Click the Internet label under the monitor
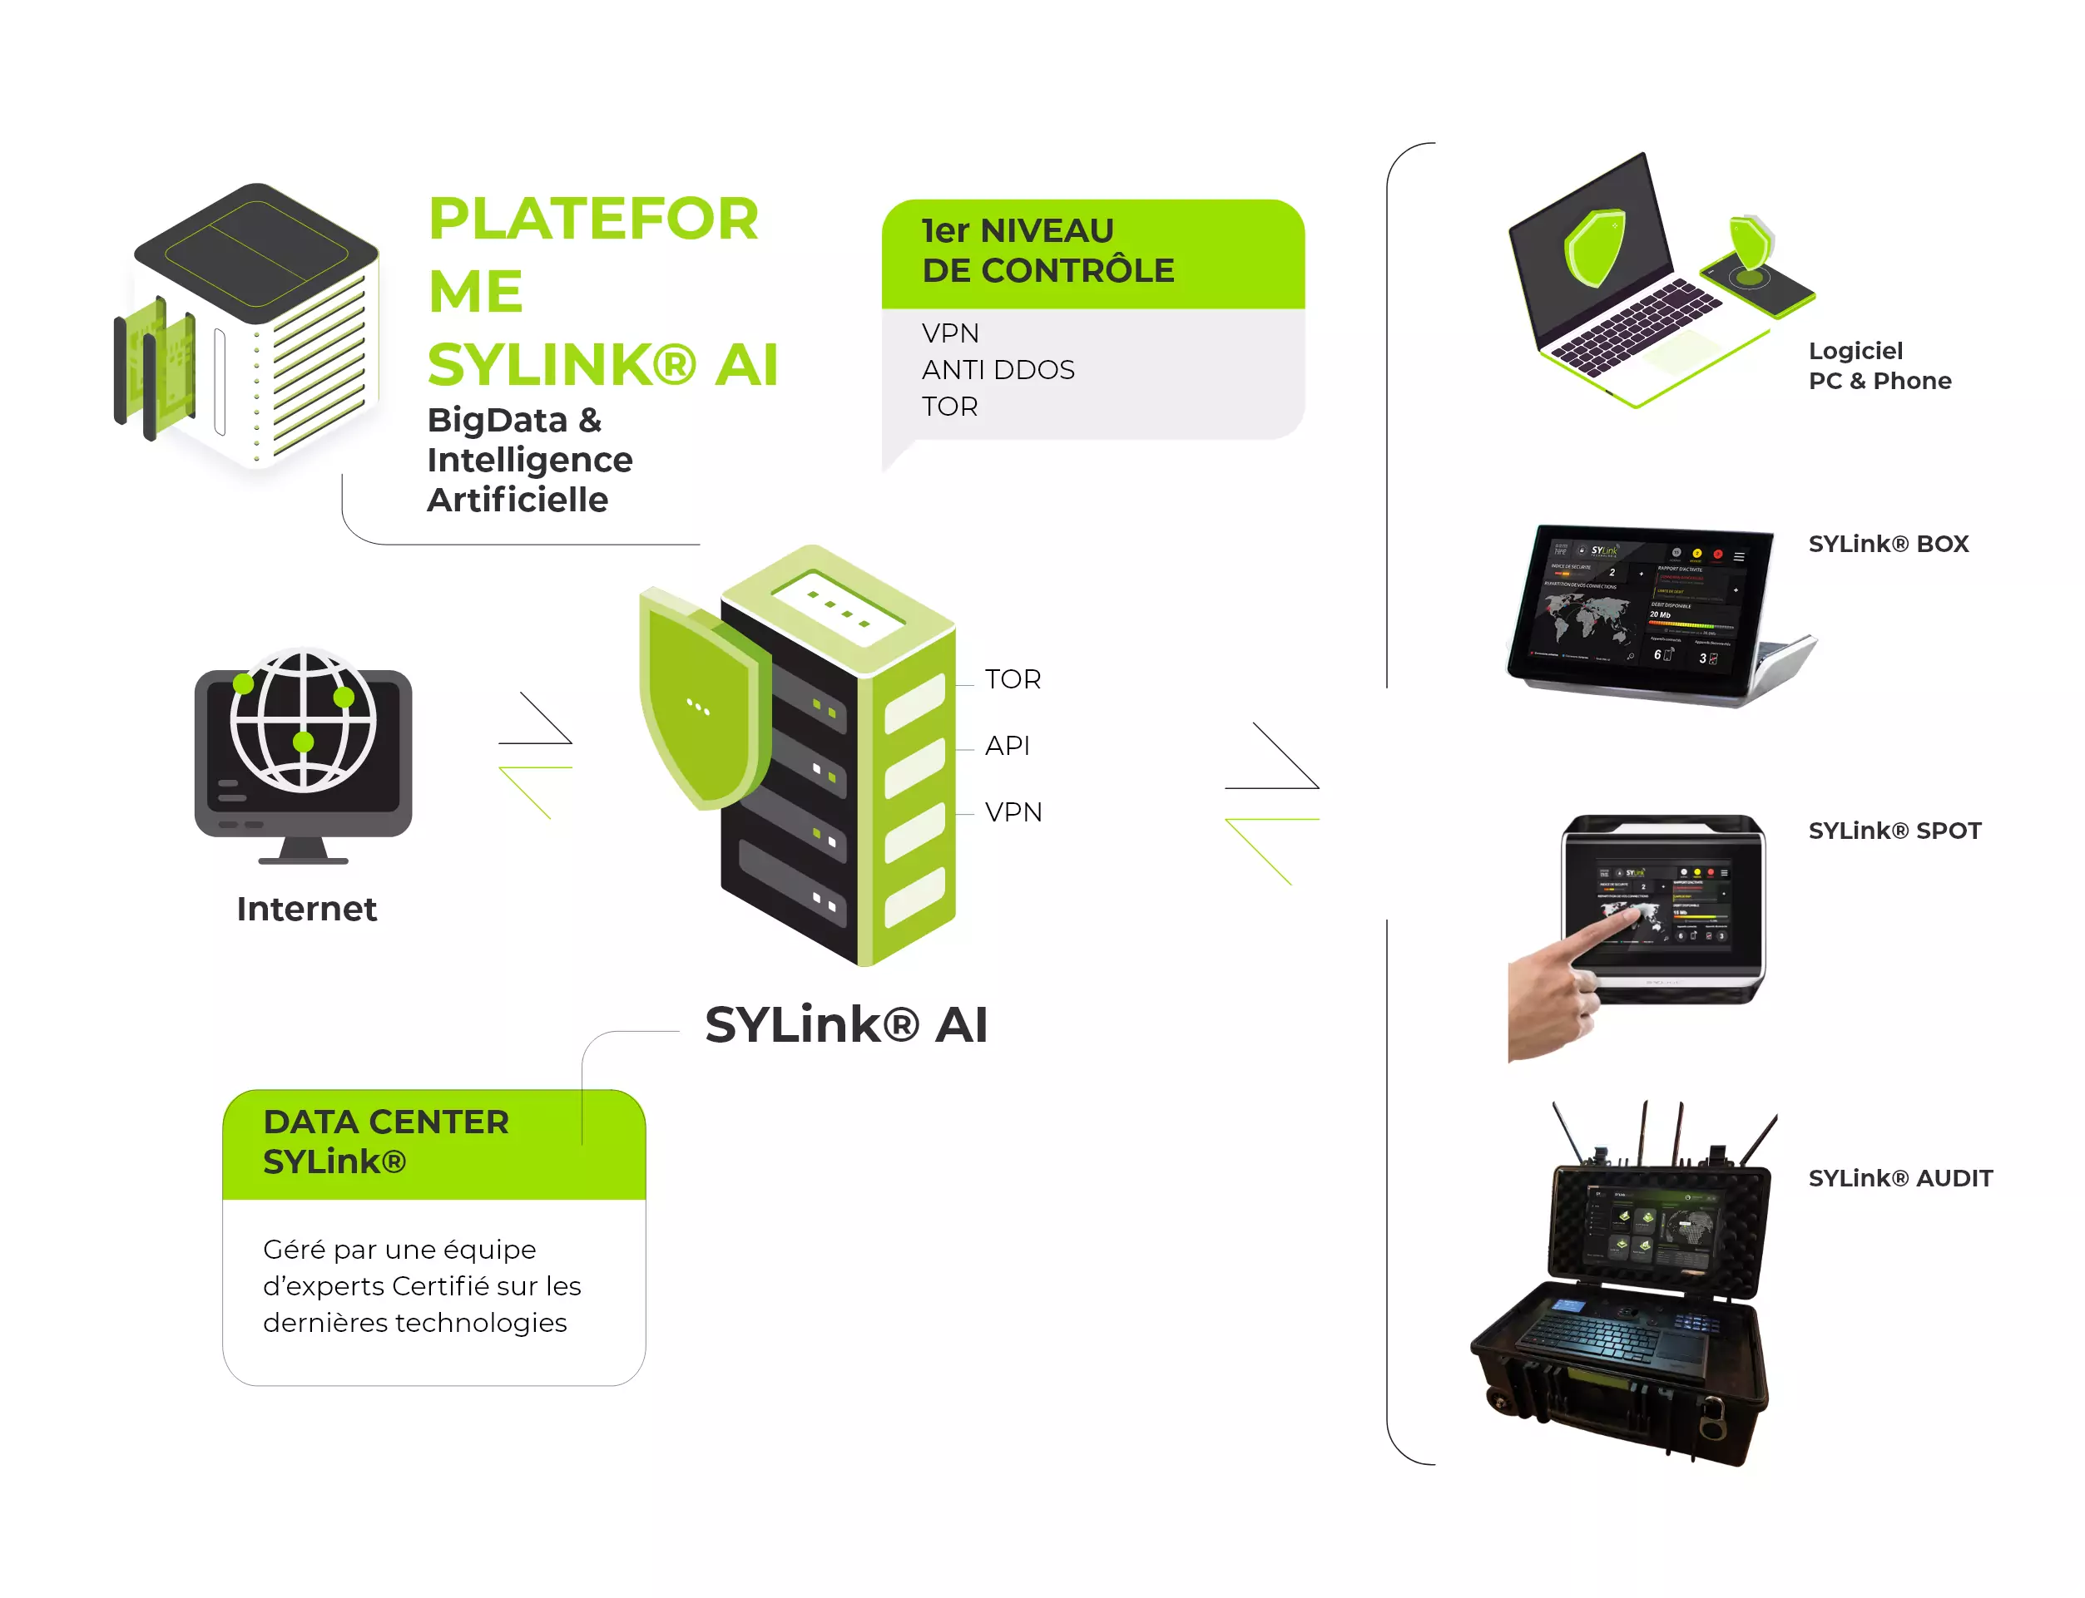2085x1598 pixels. point(306,910)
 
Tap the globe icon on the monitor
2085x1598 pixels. point(304,720)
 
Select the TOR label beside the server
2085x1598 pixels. point(1013,679)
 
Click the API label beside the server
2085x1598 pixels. point(1007,746)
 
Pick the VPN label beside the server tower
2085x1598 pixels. point(1013,812)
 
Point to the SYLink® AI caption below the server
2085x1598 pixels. point(846,1025)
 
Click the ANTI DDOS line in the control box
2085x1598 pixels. point(998,370)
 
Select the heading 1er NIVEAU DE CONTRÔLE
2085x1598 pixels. point(1047,251)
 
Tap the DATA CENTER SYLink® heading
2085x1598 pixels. point(385,1142)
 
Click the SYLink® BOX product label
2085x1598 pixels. point(1888,544)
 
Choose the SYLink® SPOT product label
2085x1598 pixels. point(1894,831)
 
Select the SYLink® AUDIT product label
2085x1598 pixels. point(1900,1178)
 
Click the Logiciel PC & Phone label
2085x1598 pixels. point(1879,366)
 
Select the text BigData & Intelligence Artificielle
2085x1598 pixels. point(529,461)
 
